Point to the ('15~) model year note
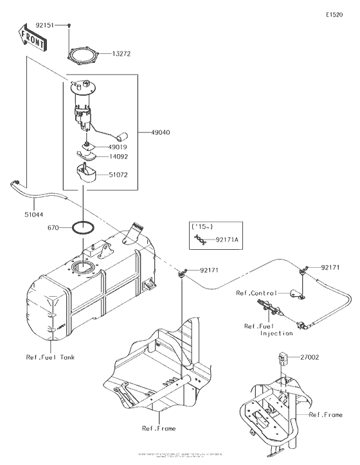199,227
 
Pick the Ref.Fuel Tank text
50,357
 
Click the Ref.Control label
256,293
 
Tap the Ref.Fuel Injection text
260,329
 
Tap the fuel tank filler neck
136,231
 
